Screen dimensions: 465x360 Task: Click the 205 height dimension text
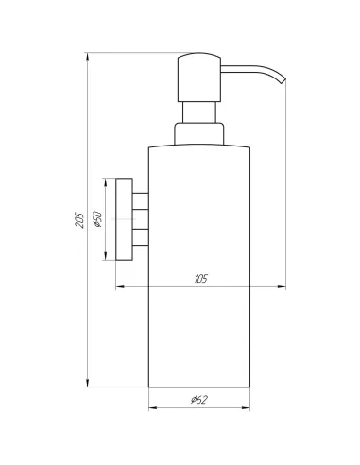pos(79,220)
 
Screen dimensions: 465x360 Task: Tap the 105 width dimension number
pos(200,280)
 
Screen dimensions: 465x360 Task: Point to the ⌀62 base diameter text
pos(198,400)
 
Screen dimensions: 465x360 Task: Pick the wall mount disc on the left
pos(122,216)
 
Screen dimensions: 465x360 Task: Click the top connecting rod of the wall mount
pos(139,200)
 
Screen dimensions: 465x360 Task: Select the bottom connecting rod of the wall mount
pos(139,234)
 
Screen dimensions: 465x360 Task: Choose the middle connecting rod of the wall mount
pos(139,217)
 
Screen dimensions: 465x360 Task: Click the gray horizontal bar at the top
pos(142,46)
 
